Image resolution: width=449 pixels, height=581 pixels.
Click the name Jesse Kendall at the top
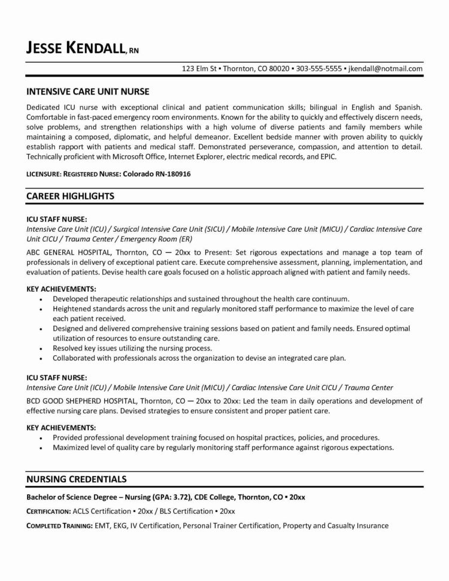(x=75, y=47)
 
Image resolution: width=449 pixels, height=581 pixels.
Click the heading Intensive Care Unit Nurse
(x=87, y=92)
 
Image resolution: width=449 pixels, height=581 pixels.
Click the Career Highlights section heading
(x=71, y=196)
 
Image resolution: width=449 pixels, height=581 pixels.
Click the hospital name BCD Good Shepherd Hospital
(x=86, y=400)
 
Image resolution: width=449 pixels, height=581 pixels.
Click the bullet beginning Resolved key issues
(x=132, y=348)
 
